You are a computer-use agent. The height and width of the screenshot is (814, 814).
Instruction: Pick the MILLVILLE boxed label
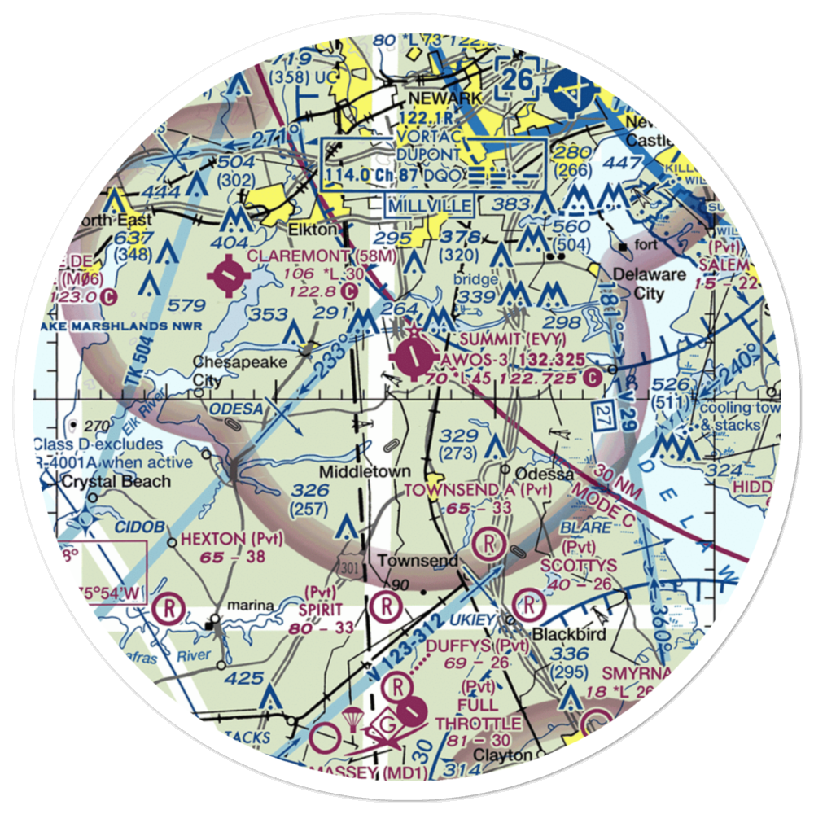tap(429, 205)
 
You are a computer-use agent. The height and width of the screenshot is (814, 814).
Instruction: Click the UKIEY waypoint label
tap(473, 620)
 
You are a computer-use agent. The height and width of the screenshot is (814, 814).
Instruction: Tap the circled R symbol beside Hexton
tap(168, 607)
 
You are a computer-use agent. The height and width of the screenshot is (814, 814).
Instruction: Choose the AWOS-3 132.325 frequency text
tap(513, 360)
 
